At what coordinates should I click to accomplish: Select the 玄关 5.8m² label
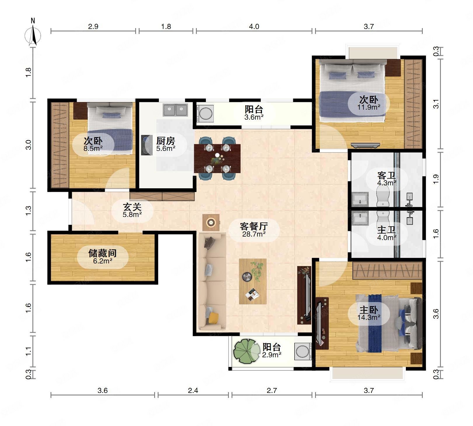click(x=132, y=210)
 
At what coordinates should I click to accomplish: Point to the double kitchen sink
click(x=175, y=110)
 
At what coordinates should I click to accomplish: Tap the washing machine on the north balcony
click(x=206, y=113)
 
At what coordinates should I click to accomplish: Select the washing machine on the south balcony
click(x=303, y=351)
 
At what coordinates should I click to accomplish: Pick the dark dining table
click(x=217, y=158)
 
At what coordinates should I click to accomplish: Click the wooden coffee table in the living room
click(x=253, y=281)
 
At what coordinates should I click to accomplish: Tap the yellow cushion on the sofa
click(x=213, y=318)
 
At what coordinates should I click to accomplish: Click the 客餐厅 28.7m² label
click(x=254, y=229)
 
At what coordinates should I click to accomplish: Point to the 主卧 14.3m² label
click(x=368, y=313)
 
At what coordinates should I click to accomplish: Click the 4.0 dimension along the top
click(x=254, y=27)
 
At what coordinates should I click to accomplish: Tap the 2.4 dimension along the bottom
click(x=193, y=390)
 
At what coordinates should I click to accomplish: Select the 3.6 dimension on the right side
click(x=436, y=314)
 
